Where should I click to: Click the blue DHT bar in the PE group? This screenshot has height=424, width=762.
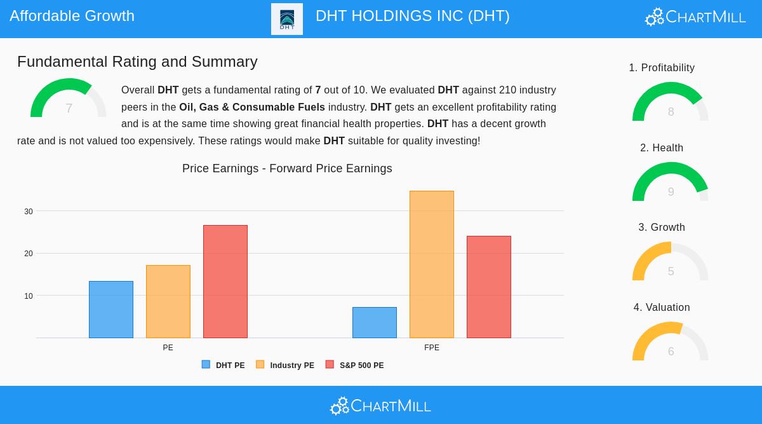pos(111,310)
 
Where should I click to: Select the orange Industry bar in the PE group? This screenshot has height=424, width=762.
pos(168,301)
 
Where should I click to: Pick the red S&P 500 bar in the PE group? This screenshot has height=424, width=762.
pos(225,282)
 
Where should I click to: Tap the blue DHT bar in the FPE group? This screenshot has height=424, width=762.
pos(375,322)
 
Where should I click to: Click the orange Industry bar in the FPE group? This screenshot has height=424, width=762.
pos(432,264)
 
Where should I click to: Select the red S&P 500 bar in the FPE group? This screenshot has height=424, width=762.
pos(489,287)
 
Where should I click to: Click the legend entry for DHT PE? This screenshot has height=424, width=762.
pos(224,366)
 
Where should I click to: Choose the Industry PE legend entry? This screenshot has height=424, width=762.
pos(285,366)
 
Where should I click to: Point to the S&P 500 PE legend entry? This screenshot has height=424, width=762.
pos(355,366)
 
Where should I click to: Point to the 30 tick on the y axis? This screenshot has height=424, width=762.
pos(29,212)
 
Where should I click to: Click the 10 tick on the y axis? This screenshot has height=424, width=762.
pos(29,296)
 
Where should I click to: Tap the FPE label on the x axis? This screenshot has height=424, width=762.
pos(432,348)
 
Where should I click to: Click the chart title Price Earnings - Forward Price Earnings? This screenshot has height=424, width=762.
pos(287,168)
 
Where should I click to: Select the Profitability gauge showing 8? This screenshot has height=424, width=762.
pos(670,103)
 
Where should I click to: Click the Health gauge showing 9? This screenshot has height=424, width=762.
pos(670,183)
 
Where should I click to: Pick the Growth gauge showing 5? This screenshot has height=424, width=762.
pos(670,263)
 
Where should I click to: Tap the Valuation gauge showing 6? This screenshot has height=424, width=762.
pos(670,343)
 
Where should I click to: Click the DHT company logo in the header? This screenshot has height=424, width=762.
pos(287,19)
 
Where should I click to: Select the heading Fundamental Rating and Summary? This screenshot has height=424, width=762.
pos(137,62)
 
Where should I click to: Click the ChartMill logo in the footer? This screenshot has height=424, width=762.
pos(380,406)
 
